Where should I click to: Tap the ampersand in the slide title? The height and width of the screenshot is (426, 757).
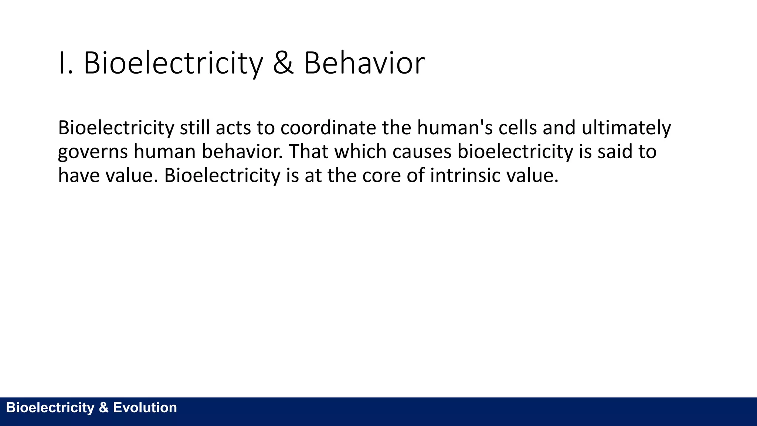[x=283, y=63]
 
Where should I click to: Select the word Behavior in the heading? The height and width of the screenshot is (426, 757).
[x=364, y=63]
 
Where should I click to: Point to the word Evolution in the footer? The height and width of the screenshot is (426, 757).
[x=145, y=408]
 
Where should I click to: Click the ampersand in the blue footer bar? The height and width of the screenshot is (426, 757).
[x=103, y=408]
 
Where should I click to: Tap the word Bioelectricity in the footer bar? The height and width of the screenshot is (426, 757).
[x=50, y=408]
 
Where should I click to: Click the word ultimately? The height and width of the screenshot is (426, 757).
[x=626, y=128]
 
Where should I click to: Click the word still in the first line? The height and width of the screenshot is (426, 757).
[x=195, y=128]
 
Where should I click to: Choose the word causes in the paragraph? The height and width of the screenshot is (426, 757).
[x=422, y=152]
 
